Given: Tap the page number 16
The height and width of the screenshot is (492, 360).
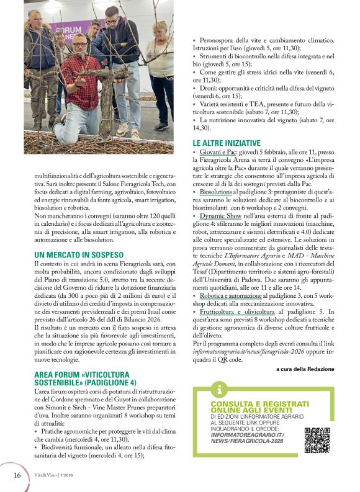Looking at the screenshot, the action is tap(17, 475).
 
